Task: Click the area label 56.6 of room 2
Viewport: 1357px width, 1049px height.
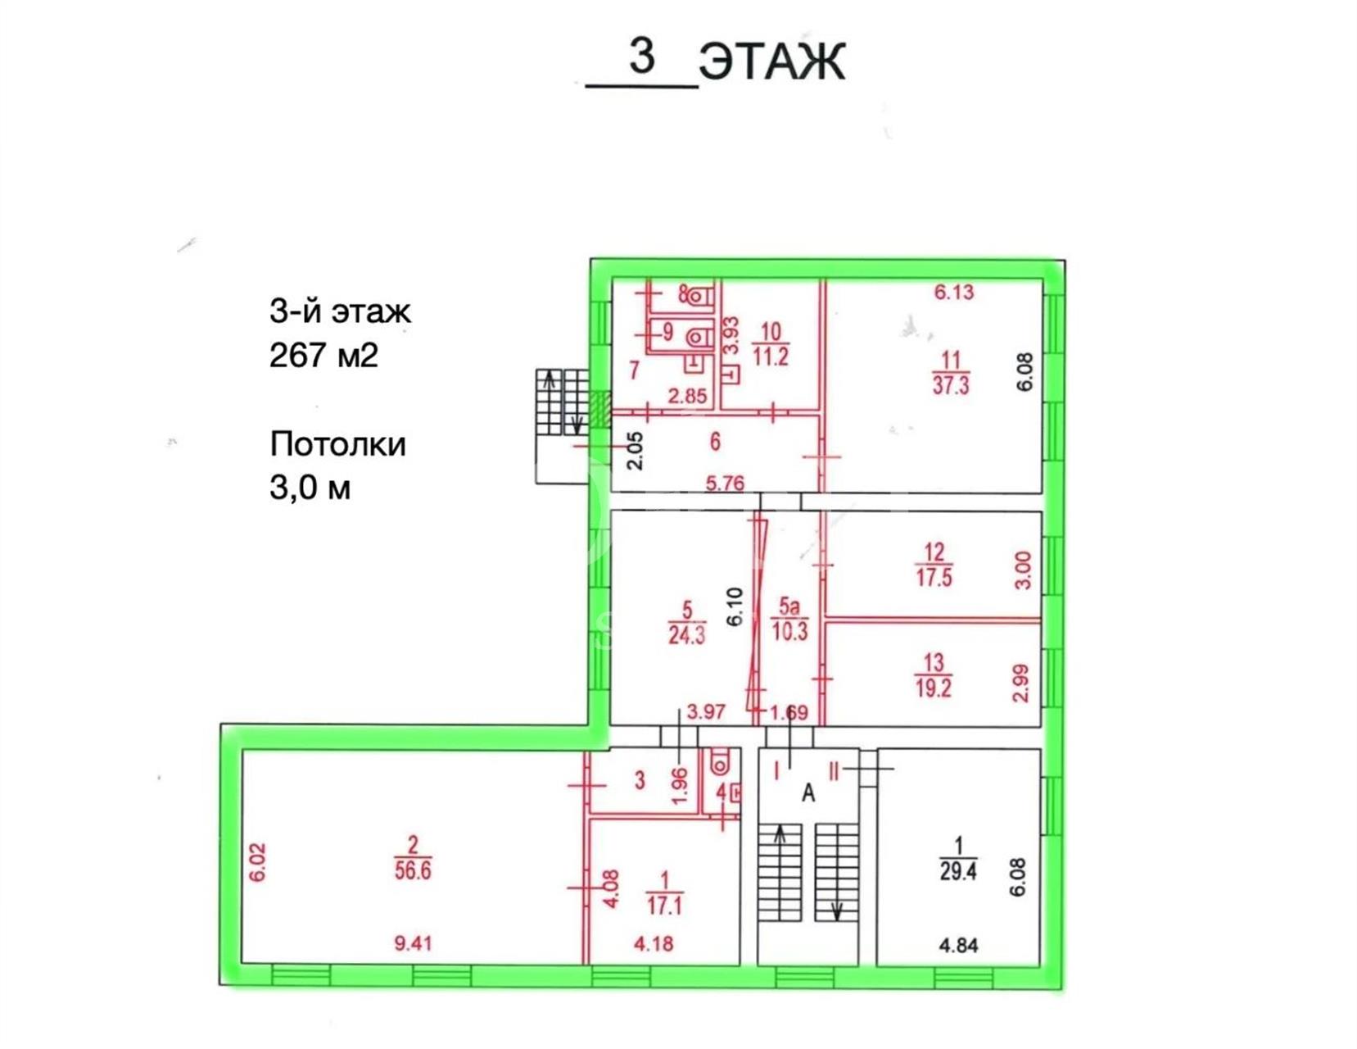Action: pos(412,871)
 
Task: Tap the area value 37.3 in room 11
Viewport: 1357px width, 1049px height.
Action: pos(951,385)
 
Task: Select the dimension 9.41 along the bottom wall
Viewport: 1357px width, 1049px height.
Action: pos(413,942)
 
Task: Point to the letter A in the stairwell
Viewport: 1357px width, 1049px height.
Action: pos(808,792)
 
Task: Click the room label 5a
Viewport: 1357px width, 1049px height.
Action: pos(789,606)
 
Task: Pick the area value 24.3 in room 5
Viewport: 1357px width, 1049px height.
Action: pos(687,635)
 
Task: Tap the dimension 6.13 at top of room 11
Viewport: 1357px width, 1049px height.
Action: pos(953,292)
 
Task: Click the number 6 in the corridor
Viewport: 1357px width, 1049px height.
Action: pos(715,442)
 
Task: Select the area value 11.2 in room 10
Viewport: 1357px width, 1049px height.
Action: pos(771,356)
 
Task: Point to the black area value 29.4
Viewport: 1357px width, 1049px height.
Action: pos(958,871)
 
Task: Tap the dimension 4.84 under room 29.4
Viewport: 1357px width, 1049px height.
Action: pos(958,945)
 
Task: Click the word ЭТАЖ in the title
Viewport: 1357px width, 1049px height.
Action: pos(771,61)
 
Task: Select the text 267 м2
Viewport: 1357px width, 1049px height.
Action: pos(323,356)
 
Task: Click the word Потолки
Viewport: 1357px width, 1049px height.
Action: pos(338,444)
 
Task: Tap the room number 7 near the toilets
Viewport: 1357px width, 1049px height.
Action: pos(635,370)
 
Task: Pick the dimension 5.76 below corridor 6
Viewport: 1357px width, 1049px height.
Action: pos(725,483)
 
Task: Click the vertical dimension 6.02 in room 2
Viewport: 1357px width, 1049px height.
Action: pos(257,862)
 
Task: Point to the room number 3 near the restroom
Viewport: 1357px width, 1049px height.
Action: pos(640,779)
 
